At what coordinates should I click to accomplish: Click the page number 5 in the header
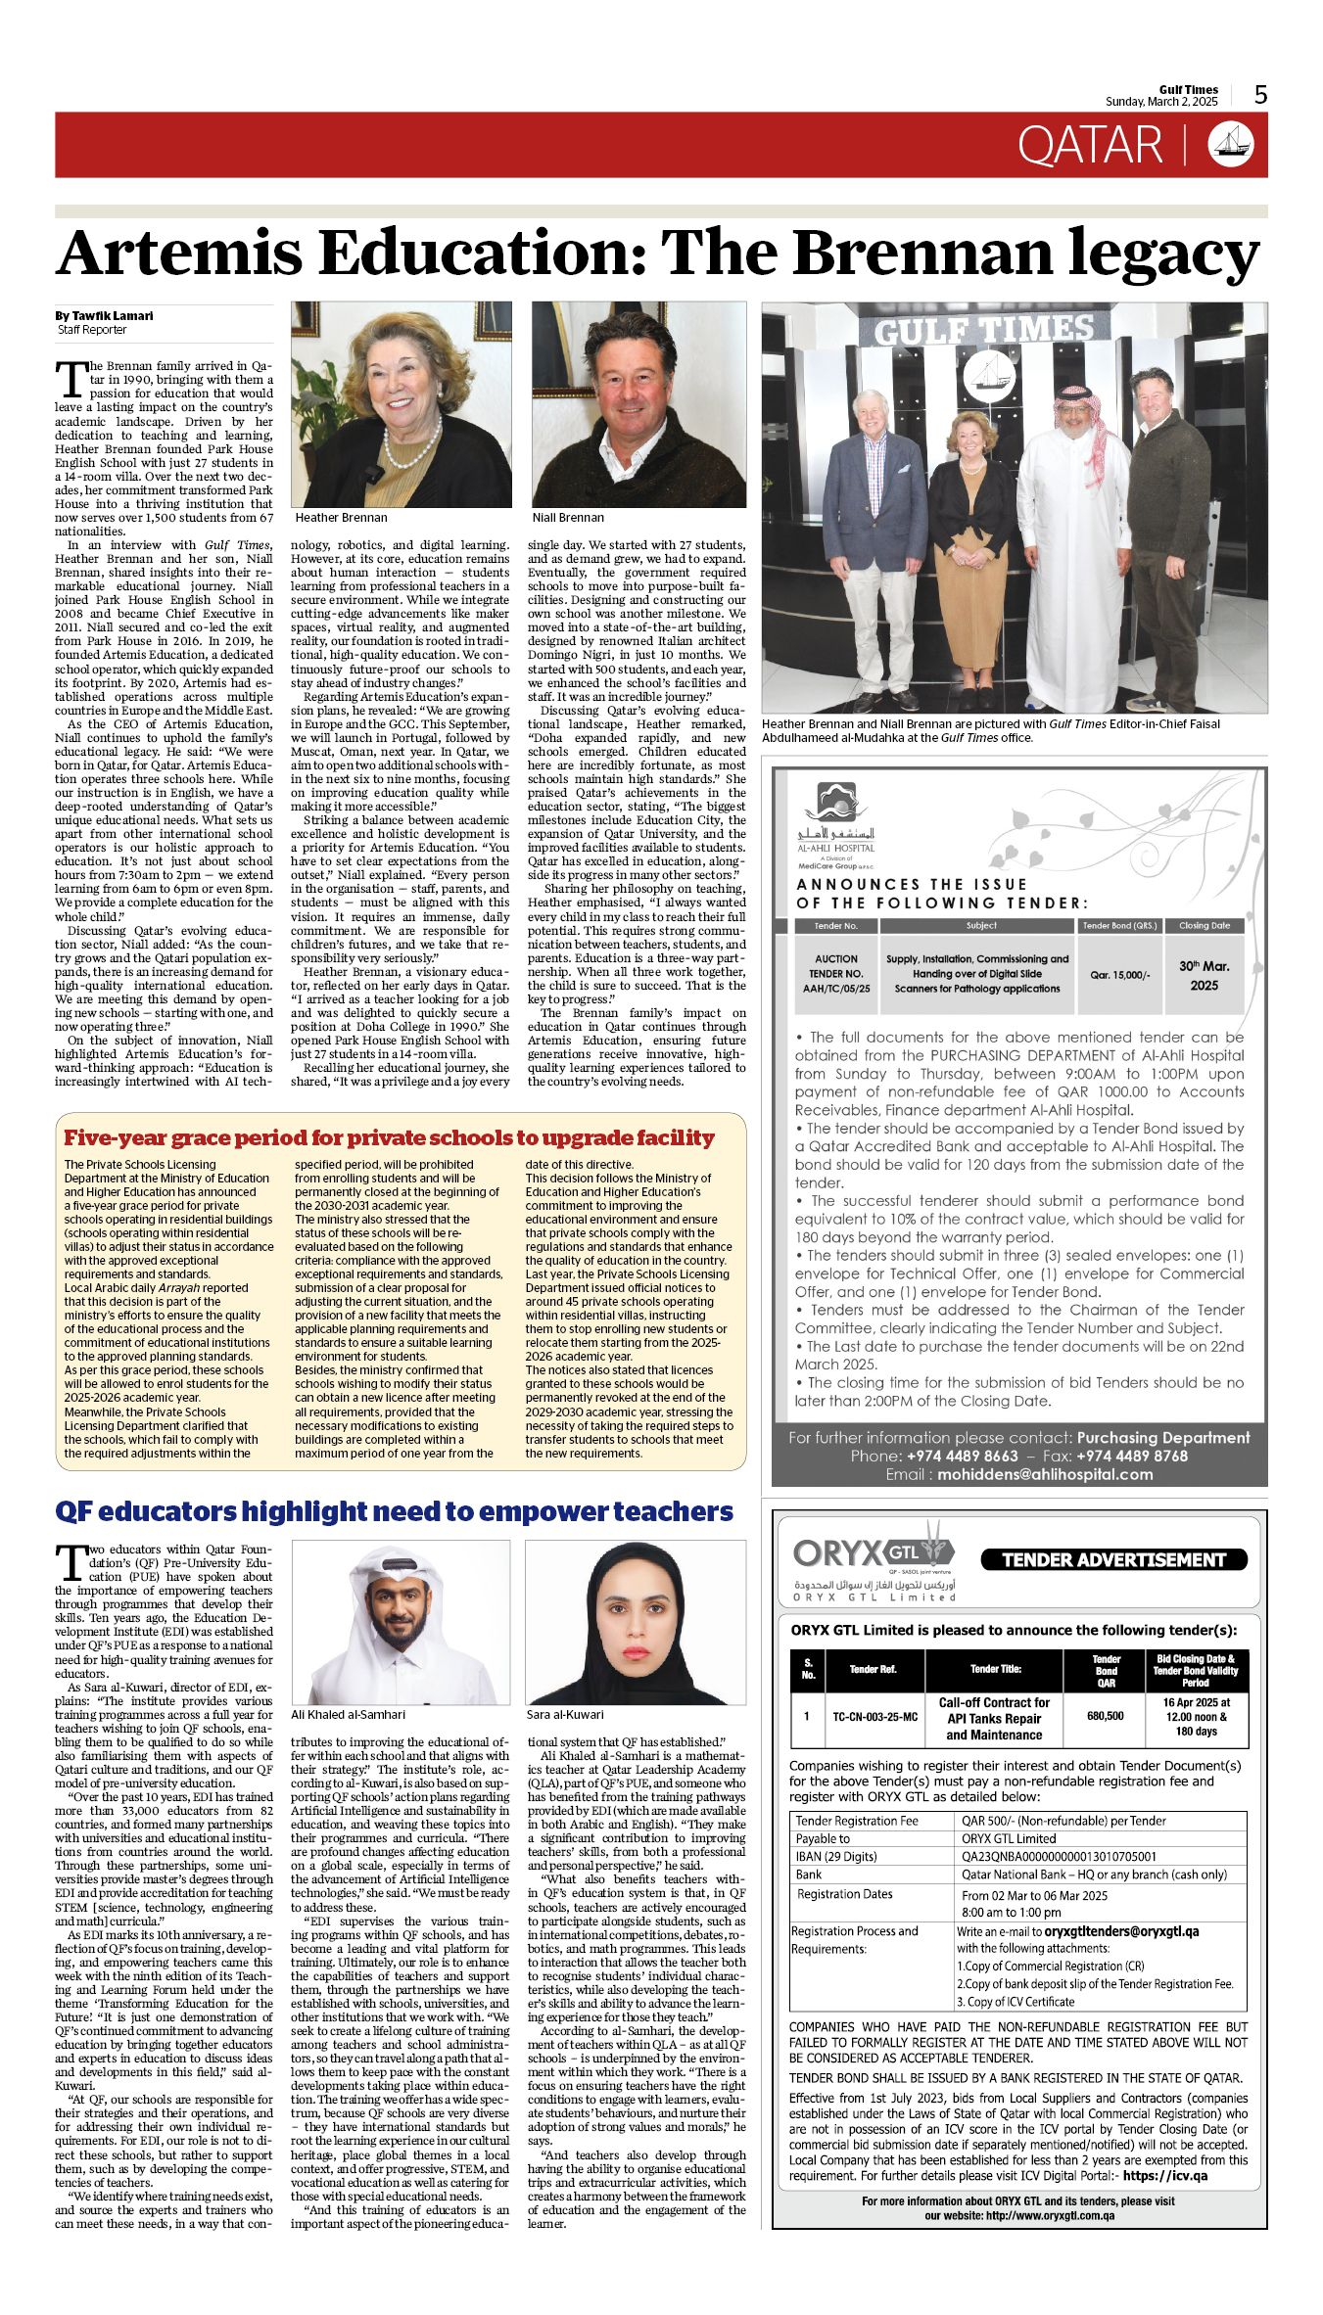[x=1260, y=94]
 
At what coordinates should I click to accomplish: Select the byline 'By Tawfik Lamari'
[x=104, y=316]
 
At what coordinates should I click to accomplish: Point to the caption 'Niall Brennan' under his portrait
[x=568, y=518]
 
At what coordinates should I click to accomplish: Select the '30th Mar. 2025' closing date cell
[x=1204, y=975]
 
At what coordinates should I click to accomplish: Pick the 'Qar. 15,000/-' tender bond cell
[x=1119, y=975]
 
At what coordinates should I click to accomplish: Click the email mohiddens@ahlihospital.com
[x=1045, y=1474]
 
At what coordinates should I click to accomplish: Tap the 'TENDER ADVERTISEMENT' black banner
[x=1113, y=1559]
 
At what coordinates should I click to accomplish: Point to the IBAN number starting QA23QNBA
[x=1059, y=1856]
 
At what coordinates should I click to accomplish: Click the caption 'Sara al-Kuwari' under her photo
[x=565, y=1714]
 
